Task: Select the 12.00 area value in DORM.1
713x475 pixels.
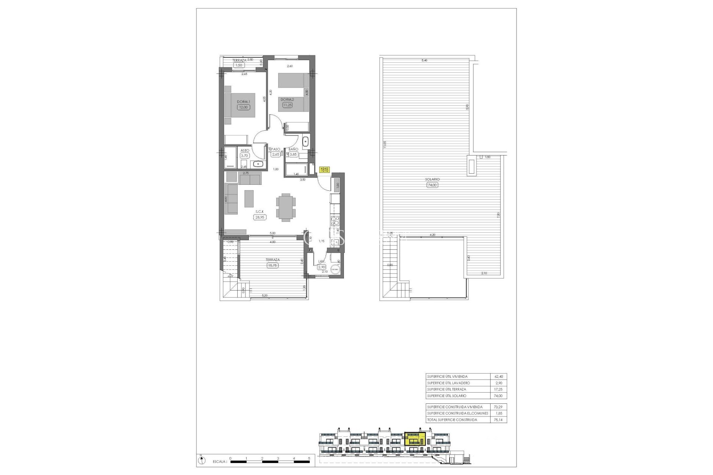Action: pyautogui.click(x=243, y=107)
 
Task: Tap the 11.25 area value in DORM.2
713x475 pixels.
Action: pyautogui.click(x=287, y=105)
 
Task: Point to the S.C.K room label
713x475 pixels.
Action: pyautogui.click(x=259, y=212)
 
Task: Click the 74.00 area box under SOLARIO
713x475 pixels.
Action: pyautogui.click(x=432, y=185)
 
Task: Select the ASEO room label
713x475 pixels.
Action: pyautogui.click(x=245, y=150)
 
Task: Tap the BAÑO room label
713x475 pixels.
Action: pyautogui.click(x=293, y=149)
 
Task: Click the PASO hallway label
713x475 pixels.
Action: pyautogui.click(x=276, y=149)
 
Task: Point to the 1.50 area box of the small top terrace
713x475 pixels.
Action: pyautogui.click(x=239, y=65)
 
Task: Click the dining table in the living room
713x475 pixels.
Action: pyautogui.click(x=286, y=207)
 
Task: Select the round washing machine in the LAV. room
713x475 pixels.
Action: pyautogui.click(x=336, y=270)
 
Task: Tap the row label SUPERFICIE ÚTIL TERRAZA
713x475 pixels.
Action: pyautogui.click(x=446, y=389)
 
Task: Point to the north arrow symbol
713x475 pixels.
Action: pyautogui.click(x=201, y=461)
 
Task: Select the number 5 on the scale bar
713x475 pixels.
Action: pyautogui.click(x=309, y=458)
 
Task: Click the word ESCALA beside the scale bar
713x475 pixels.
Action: pyautogui.click(x=219, y=462)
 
